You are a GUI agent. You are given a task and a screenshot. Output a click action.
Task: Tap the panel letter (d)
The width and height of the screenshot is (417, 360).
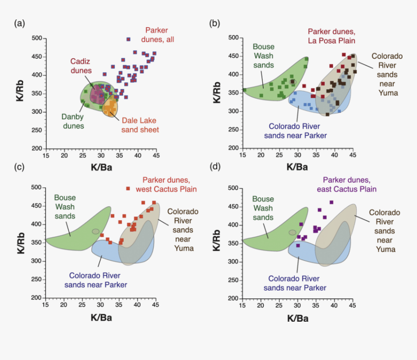(x=213, y=167)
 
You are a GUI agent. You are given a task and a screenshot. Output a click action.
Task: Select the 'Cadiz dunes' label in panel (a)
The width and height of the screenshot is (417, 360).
(x=80, y=65)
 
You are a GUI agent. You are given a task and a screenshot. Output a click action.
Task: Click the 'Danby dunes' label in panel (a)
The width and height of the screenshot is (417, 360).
(x=73, y=121)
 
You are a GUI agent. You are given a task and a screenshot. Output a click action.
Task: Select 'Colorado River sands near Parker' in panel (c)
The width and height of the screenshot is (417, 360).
(x=98, y=280)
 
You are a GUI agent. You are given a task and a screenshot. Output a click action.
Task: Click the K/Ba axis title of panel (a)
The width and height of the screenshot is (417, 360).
(x=101, y=167)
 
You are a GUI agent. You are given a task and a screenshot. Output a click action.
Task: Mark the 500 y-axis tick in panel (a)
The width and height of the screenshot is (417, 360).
(x=36, y=38)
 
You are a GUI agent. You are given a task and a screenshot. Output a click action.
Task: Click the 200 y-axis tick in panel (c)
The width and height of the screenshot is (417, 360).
(x=36, y=298)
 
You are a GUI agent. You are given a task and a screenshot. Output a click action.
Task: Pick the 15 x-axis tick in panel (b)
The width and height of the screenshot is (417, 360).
(x=242, y=155)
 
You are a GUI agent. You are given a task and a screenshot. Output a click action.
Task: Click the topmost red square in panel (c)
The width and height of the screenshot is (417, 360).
(x=128, y=188)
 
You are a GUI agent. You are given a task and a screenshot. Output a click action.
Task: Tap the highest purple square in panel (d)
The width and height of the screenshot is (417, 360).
(x=332, y=202)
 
